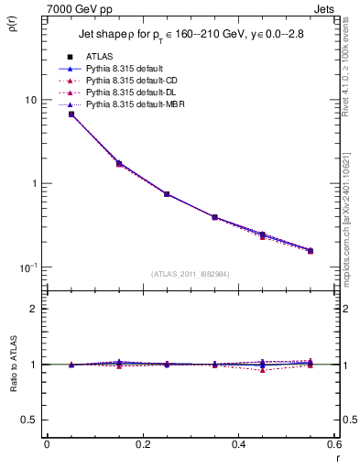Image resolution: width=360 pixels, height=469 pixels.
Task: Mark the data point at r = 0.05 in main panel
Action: pyautogui.click(x=71, y=114)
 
